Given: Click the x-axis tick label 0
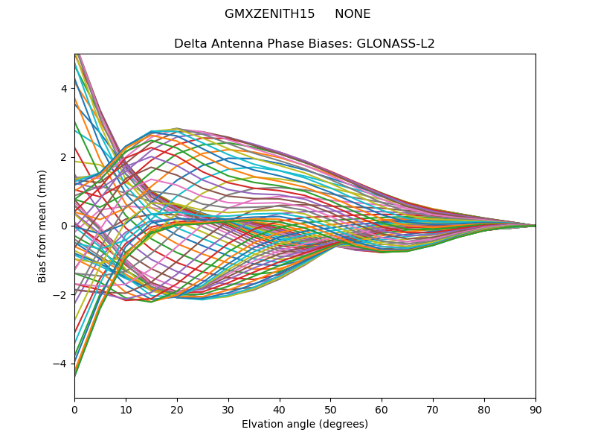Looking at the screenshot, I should (74, 409).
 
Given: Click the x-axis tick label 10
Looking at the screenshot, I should (126, 409).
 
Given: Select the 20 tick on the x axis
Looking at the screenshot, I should (177, 409).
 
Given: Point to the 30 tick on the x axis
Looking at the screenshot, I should (228, 409).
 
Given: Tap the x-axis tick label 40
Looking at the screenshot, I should (280, 409).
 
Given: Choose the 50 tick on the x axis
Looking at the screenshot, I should (330, 409).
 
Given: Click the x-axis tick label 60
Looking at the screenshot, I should (382, 409).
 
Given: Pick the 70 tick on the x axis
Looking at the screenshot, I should (433, 409).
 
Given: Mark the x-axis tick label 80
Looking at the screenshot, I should (484, 409).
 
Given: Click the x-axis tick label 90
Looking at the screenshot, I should (535, 409).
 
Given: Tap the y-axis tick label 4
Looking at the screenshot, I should (65, 88).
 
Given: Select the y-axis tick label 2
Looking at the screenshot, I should (65, 157).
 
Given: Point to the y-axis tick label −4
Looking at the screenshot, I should (62, 364).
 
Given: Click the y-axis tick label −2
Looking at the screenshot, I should (62, 295).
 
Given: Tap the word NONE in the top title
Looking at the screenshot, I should (353, 14).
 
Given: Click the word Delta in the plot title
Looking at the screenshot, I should (190, 43).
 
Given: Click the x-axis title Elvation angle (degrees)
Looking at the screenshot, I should (305, 424).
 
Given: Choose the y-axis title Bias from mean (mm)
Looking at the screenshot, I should (42, 225).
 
